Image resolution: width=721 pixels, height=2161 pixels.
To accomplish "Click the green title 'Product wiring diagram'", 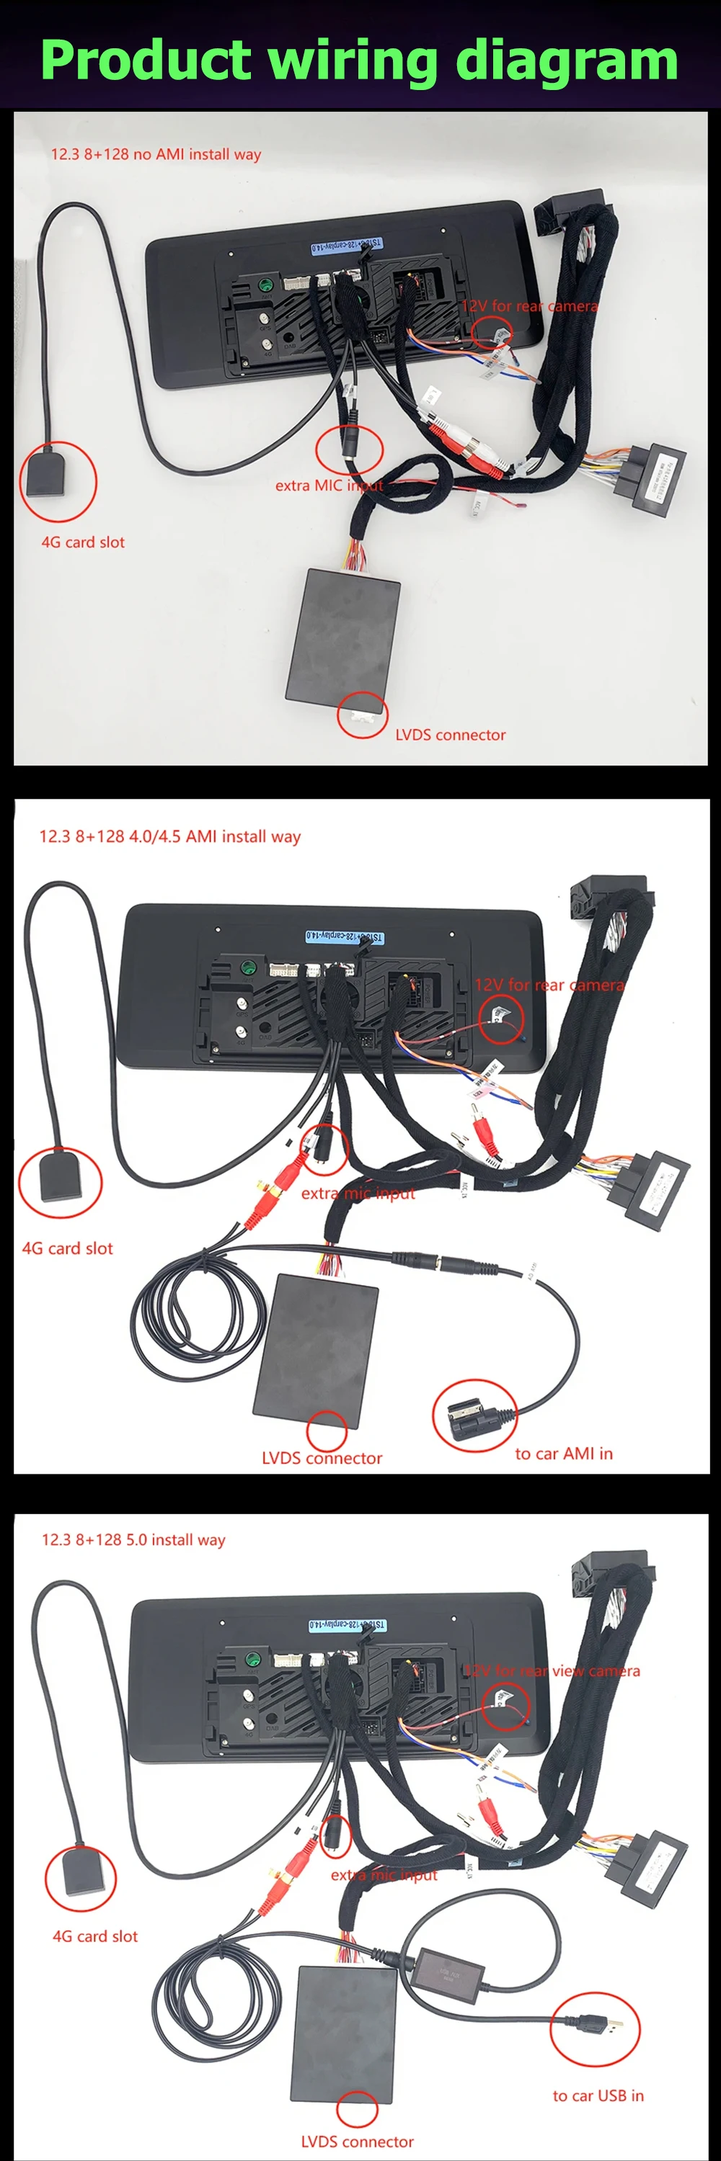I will pyautogui.click(x=359, y=61).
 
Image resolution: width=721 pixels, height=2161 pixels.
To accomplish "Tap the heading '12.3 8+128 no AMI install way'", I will pyautogui.click(x=156, y=154).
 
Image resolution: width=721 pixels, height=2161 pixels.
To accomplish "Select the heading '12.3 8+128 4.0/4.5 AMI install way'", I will pyautogui.click(x=169, y=836).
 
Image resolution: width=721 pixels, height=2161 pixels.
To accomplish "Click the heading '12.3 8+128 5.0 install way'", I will pyautogui.click(x=133, y=1539).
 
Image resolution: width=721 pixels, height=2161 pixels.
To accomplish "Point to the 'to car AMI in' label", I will pyautogui.click(x=563, y=1454).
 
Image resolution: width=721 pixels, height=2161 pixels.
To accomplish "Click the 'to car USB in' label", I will pyautogui.click(x=598, y=2095).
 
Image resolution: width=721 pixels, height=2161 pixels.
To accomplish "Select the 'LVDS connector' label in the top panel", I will pyautogui.click(x=450, y=735).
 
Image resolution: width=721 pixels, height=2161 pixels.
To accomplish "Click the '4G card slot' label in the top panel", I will pyautogui.click(x=83, y=542).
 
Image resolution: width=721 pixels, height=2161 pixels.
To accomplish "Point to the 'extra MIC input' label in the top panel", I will pyautogui.click(x=328, y=485).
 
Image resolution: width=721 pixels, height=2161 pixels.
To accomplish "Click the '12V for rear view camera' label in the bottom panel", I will pyautogui.click(x=552, y=1671).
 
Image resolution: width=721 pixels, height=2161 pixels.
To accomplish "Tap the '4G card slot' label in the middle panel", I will pyautogui.click(x=67, y=1248).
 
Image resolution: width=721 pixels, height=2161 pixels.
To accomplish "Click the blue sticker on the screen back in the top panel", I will pyautogui.click(x=346, y=246).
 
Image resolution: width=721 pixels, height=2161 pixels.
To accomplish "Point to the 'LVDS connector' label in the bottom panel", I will pyautogui.click(x=357, y=2142).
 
